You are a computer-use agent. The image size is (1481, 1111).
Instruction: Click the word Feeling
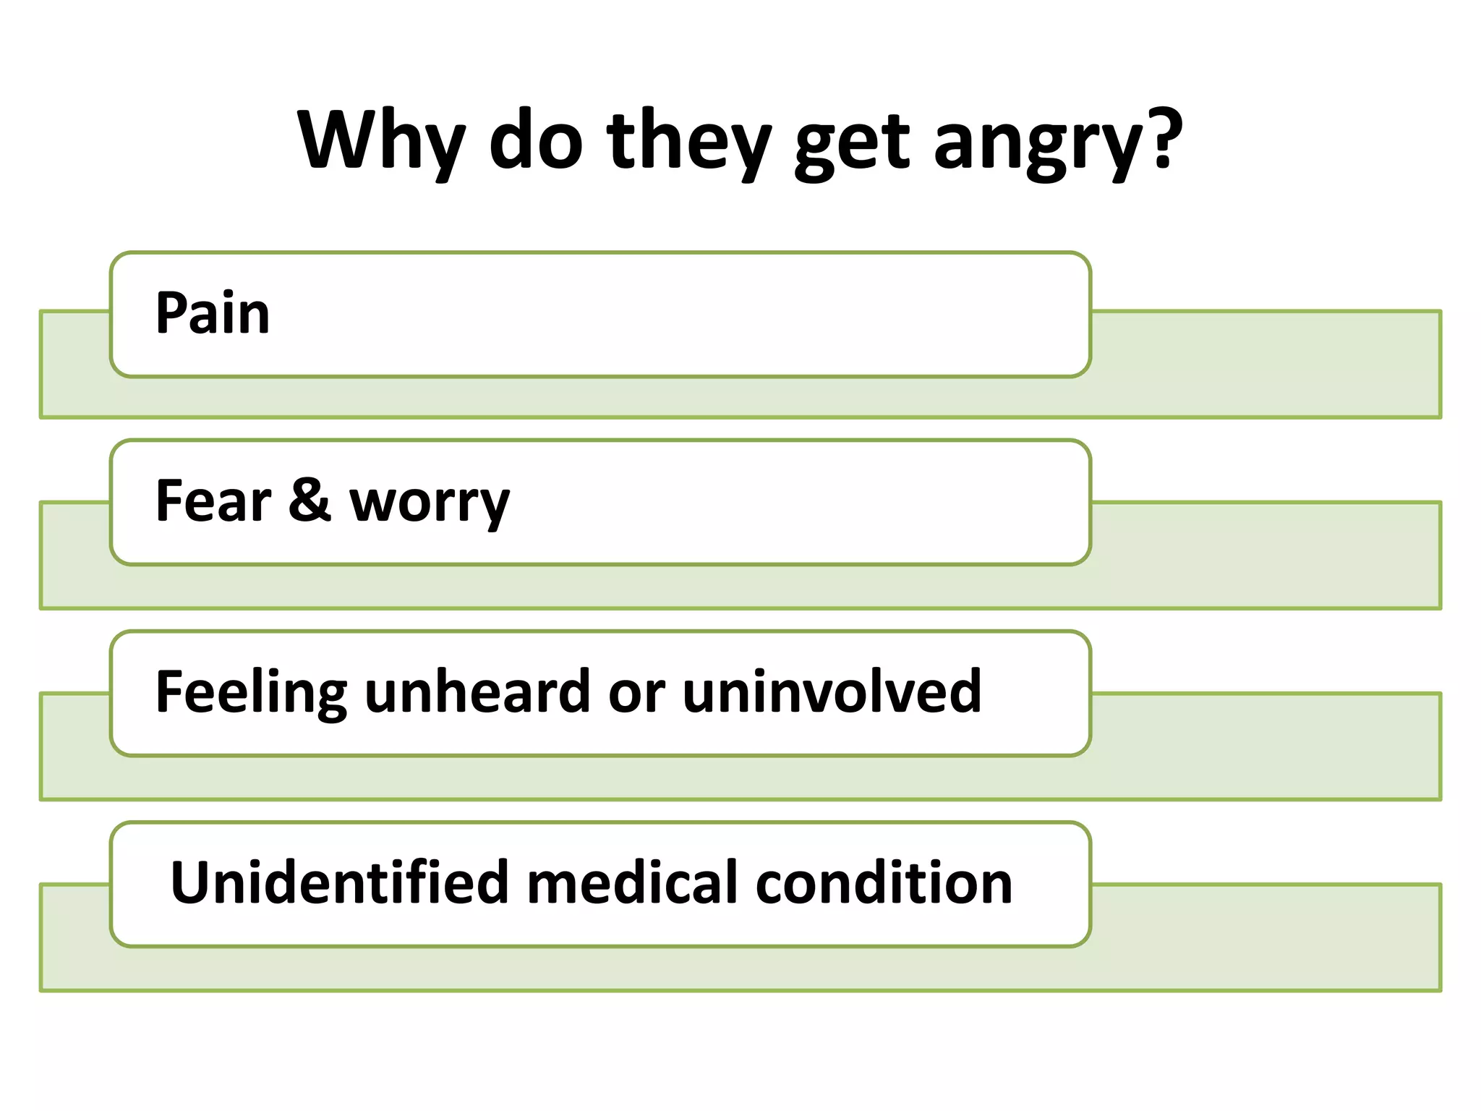point(251,693)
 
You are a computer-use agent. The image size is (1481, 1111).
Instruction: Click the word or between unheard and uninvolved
point(636,693)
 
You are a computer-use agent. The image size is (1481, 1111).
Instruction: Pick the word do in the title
point(535,141)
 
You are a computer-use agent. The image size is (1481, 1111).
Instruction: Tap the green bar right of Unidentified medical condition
point(1266,937)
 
